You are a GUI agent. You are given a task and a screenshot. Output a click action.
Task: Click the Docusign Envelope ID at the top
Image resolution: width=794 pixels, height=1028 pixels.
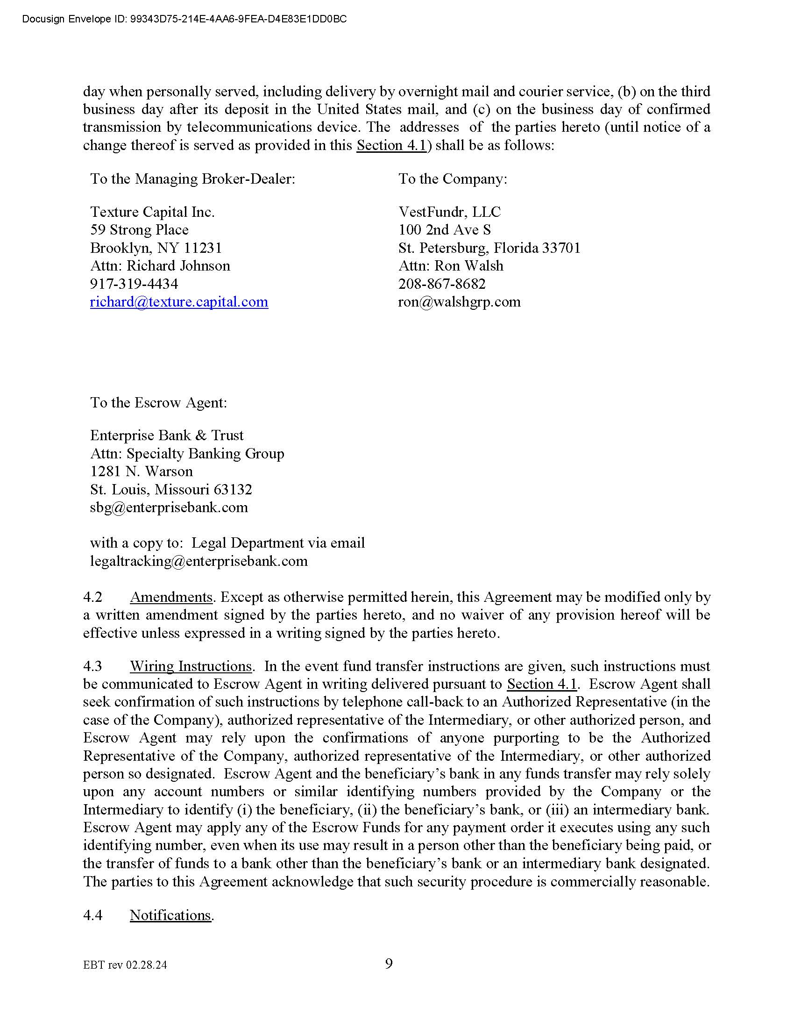[184, 19]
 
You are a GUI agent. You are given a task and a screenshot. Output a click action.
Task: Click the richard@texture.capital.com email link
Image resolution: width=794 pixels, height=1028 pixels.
[179, 302]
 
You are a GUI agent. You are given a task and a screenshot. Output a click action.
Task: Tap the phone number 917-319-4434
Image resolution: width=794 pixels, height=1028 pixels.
[134, 284]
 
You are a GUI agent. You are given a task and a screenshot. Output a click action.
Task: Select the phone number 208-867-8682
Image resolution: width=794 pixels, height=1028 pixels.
[442, 284]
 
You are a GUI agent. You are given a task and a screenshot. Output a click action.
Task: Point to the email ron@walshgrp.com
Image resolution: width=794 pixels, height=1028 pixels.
[459, 302]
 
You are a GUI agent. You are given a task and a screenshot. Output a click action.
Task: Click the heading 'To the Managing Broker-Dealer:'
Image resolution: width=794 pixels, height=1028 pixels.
[193, 179]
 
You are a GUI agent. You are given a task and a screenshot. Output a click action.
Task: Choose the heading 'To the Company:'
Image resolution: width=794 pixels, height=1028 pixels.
[453, 179]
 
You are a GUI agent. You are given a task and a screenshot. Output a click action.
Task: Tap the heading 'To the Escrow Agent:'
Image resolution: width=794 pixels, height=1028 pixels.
[158, 403]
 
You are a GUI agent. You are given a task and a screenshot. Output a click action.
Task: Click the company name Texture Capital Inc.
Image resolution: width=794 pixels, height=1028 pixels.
[152, 212]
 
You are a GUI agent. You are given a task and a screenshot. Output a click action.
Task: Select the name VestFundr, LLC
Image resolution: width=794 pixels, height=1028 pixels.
[449, 212]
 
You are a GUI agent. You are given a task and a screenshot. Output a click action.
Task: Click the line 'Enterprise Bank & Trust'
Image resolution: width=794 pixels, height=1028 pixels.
[167, 435]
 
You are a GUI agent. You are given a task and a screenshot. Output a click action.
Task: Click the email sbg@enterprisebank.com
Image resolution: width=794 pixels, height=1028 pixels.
[169, 507]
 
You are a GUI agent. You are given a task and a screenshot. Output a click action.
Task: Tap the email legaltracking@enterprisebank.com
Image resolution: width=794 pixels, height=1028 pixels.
[199, 561]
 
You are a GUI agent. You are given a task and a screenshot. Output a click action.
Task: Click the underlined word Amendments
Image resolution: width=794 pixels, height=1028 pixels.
[171, 597]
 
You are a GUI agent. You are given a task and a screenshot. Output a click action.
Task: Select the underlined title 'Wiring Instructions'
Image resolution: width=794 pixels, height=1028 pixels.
[191, 666]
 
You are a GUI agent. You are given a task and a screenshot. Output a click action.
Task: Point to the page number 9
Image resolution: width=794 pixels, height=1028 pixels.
[389, 964]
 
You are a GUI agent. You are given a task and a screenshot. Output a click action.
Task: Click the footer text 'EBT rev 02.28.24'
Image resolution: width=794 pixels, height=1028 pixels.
[125, 965]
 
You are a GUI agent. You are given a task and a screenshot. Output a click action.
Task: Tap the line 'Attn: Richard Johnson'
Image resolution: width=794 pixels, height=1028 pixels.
[160, 266]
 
